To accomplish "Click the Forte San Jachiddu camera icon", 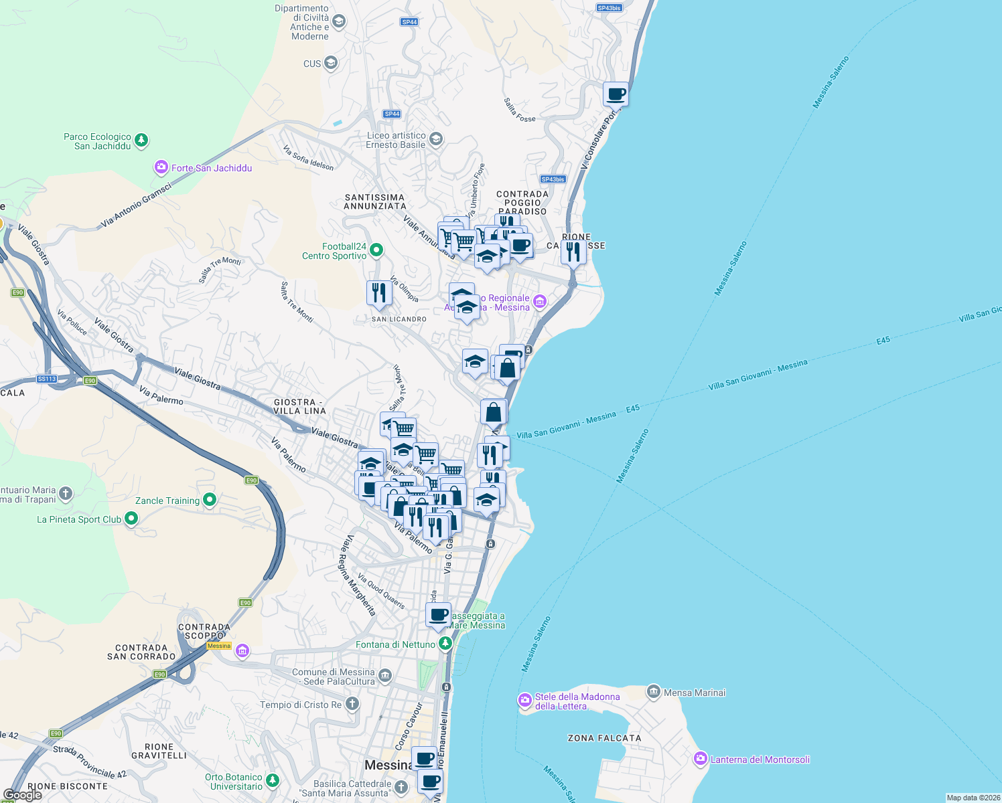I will click(x=161, y=167).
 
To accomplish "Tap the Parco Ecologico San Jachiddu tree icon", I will click(x=141, y=141).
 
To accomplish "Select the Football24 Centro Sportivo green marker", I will click(x=376, y=250).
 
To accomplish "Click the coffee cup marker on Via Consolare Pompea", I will click(x=616, y=95).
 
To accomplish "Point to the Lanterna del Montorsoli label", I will click(x=760, y=760).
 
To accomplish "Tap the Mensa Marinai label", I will click(x=695, y=693).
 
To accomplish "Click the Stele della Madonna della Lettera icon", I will click(x=525, y=701).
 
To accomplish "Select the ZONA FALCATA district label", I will click(x=604, y=738).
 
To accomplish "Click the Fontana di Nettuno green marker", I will click(x=445, y=644).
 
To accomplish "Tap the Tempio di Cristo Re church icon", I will click(x=352, y=704).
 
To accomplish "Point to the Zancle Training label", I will click(x=167, y=501).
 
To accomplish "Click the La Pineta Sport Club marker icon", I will click(x=131, y=519).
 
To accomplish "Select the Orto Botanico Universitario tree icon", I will click(x=272, y=780).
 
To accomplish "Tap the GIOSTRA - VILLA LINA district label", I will click(x=300, y=406).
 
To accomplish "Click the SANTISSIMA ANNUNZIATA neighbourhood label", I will click(x=375, y=201).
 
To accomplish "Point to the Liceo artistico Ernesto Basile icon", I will click(x=436, y=139).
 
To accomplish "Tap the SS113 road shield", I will click(x=47, y=379).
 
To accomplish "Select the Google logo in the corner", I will click(x=23, y=795).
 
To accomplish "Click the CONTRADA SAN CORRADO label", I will click(x=141, y=652).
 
